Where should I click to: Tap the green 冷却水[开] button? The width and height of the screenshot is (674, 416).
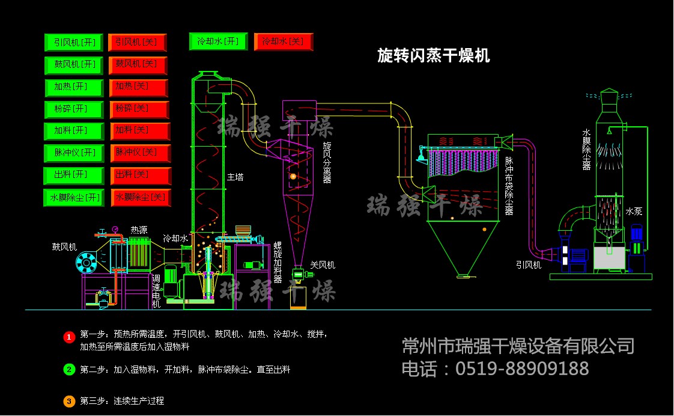click(x=218, y=41)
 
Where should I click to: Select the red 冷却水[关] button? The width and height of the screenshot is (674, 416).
click(x=284, y=42)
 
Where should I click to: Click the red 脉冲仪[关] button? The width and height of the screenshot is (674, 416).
click(x=140, y=153)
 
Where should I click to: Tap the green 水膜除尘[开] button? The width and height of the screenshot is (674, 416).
click(x=74, y=197)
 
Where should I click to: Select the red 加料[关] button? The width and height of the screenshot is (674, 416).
click(x=140, y=131)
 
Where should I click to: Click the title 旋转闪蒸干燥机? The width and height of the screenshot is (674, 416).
click(x=433, y=56)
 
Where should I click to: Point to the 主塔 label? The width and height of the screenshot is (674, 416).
click(x=235, y=177)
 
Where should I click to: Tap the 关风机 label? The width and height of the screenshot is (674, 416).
click(x=323, y=265)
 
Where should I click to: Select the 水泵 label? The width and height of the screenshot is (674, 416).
click(x=634, y=212)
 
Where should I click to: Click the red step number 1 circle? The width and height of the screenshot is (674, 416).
click(x=68, y=337)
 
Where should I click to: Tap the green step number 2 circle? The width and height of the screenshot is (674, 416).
click(x=68, y=370)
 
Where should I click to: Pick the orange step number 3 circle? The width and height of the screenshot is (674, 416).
click(x=68, y=401)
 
